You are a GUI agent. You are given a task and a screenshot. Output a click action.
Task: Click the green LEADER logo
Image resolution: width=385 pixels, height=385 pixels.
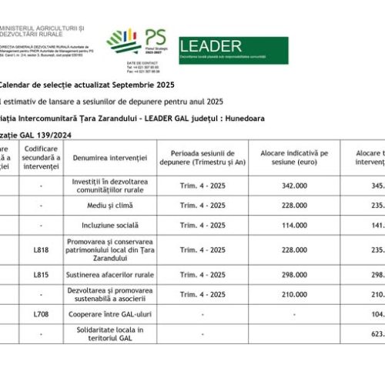tap(233, 50)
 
